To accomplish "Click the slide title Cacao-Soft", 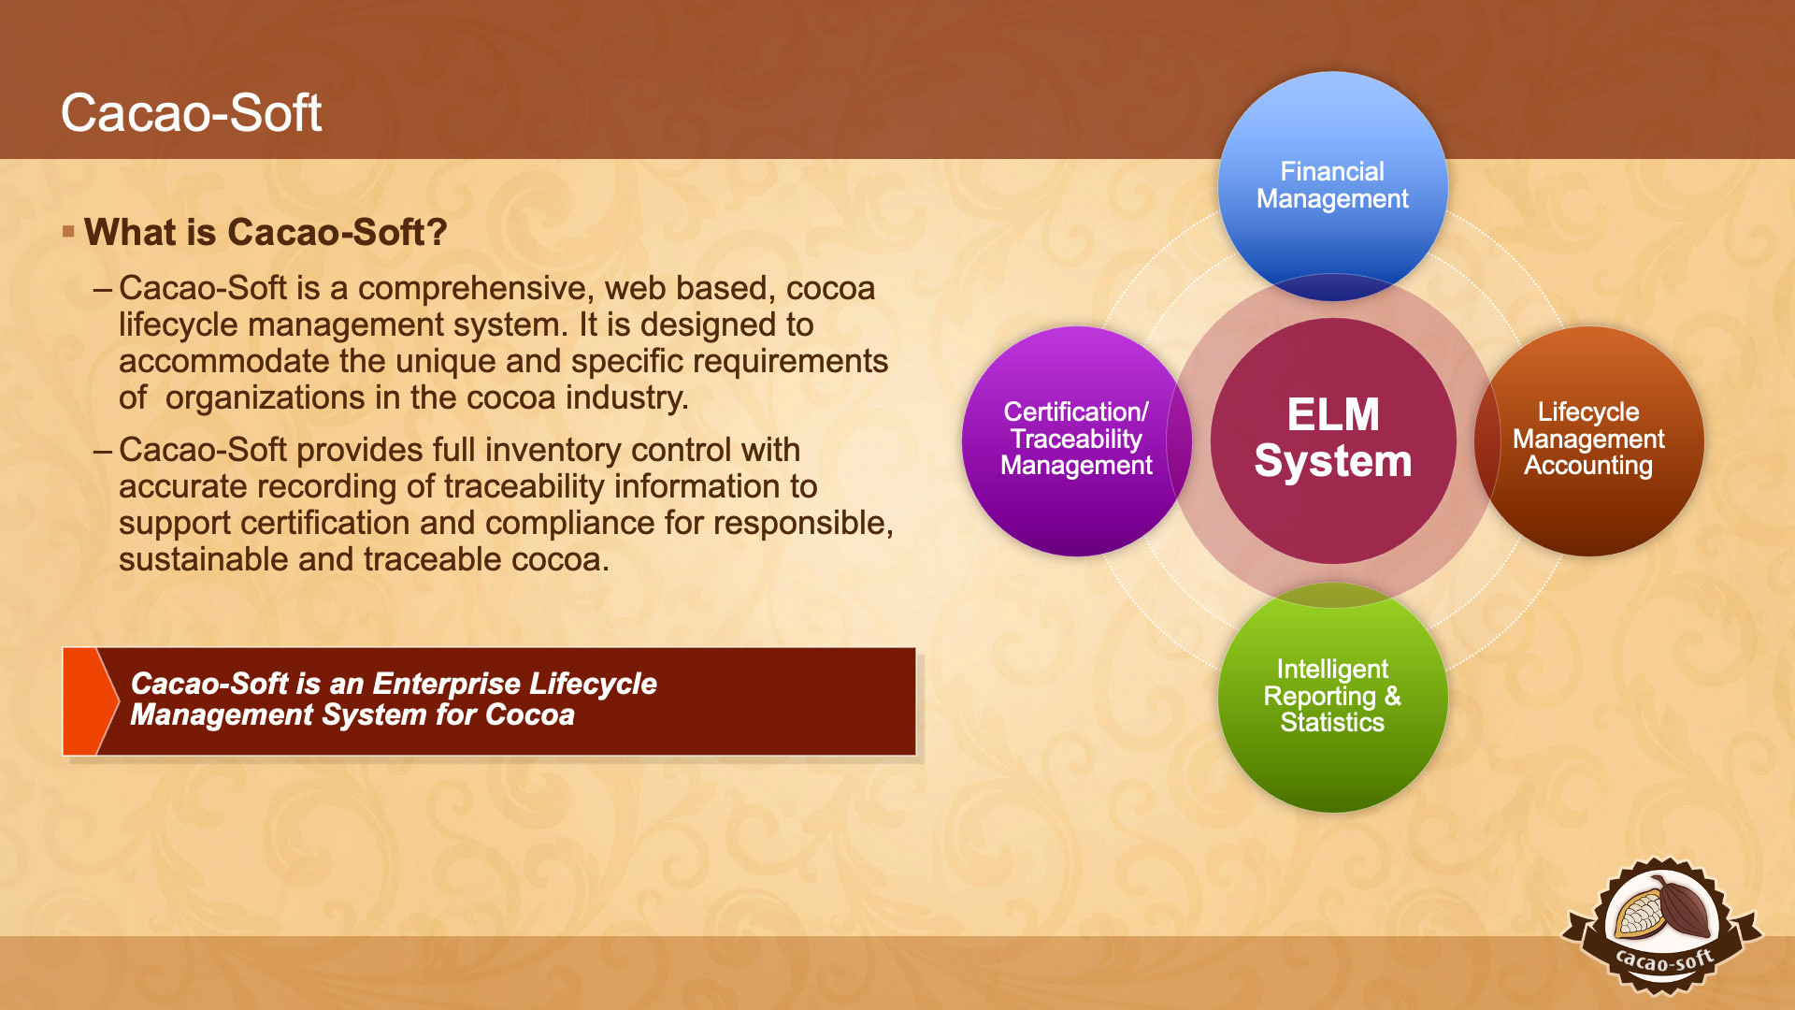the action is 191,113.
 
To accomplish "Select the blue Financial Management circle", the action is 1332,186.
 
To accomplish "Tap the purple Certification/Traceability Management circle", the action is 1076,440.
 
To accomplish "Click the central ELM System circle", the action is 1333,440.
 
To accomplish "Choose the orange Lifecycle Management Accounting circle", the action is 1589,440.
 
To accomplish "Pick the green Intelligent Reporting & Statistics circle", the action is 1332,697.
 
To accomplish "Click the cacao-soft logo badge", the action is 1662,926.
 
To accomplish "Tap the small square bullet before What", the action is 68,231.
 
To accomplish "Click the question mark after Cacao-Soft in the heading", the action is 437,232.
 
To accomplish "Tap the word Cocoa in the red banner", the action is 530,715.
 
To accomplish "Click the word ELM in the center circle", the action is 1333,415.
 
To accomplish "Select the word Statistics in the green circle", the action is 1332,723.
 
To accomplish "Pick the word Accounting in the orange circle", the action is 1588,466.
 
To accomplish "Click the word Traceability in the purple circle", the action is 1076,439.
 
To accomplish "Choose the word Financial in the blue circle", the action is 1332,172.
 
